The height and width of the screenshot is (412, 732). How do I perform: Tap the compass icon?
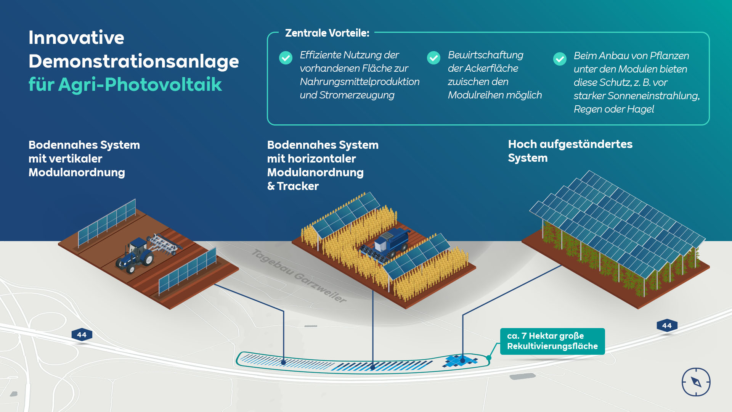click(x=696, y=382)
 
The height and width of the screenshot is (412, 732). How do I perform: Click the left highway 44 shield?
click(x=82, y=335)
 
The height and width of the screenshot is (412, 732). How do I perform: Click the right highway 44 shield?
click(x=667, y=326)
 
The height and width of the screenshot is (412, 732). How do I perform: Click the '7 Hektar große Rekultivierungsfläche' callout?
click(x=552, y=341)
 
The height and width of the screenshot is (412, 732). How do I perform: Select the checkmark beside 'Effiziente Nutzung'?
click(x=286, y=58)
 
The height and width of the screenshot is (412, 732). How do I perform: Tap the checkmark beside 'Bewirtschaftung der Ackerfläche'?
click(x=433, y=58)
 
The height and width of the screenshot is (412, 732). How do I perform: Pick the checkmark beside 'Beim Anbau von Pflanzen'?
click(x=560, y=59)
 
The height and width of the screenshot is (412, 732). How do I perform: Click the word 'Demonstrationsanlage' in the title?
click(x=133, y=61)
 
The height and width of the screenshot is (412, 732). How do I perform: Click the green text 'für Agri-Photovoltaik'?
click(x=125, y=84)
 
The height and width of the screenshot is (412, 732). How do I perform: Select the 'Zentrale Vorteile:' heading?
click(x=327, y=33)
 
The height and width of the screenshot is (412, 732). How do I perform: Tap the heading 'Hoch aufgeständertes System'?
click(x=570, y=151)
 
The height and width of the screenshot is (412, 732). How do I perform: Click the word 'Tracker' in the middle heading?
click(x=298, y=186)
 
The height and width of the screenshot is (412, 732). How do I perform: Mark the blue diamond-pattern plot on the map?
click(x=460, y=360)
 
